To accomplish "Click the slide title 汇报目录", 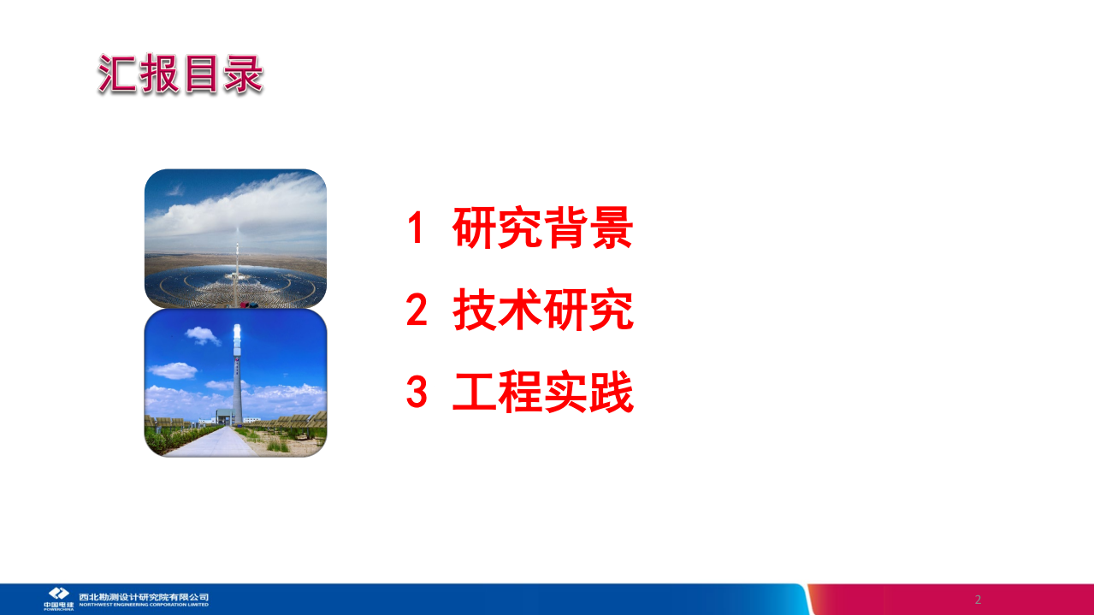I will coord(180,74).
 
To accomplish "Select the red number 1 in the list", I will coord(416,228).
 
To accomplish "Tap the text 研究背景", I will coord(542,228).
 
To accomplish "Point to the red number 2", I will coord(416,311).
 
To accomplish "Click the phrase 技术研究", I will coord(542,311).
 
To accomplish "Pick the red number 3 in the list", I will coord(416,393).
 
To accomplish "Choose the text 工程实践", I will coord(542,393).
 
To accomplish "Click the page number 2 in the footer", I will coord(978,600).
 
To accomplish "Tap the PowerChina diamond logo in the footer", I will coord(58,593).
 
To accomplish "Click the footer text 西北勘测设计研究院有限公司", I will coord(144,596).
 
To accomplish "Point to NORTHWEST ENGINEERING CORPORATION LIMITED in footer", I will coord(144,605).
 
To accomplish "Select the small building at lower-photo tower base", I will coord(224,417).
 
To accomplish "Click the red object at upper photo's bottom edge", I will coord(248,304).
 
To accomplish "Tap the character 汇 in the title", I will coord(117,74).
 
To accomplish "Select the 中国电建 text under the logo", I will coord(58,605).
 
